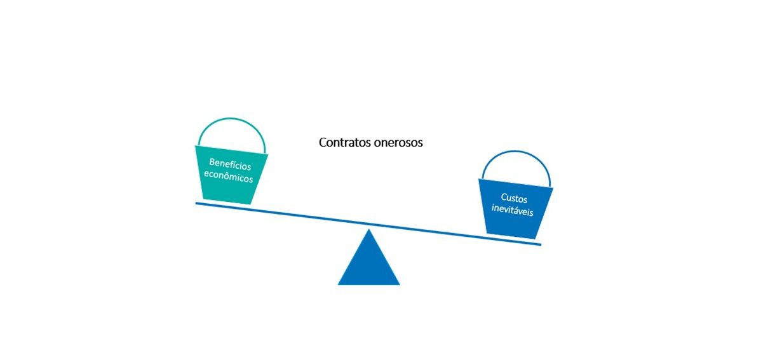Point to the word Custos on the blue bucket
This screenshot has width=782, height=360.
click(514, 199)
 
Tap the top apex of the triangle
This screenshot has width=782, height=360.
click(368, 230)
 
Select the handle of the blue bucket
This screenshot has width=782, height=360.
click(515, 152)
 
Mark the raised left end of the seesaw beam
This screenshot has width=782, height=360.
click(197, 203)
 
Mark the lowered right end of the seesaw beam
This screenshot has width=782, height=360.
click(539, 244)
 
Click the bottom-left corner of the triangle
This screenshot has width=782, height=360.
click(339, 284)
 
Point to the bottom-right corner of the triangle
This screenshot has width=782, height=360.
click(398, 284)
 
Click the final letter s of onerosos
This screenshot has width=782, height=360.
click(420, 143)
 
